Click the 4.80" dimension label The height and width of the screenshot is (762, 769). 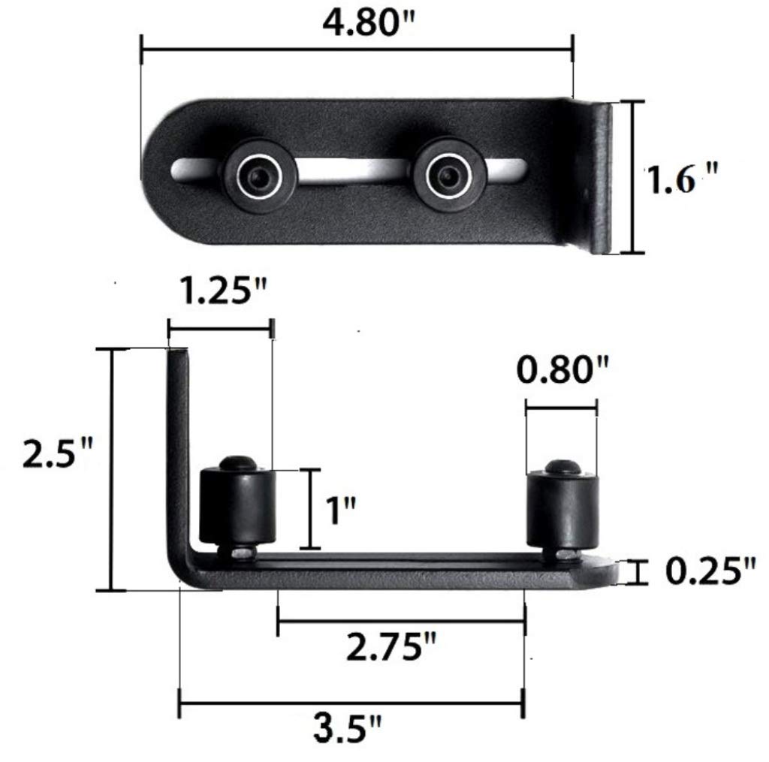(368, 22)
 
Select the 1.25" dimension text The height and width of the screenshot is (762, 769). (224, 291)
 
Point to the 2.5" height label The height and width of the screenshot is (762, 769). (57, 453)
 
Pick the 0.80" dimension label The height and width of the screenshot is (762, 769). (562, 369)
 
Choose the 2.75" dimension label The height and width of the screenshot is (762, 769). (391, 646)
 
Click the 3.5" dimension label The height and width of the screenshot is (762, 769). (347, 728)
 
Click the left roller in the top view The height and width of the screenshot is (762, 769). (259, 176)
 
